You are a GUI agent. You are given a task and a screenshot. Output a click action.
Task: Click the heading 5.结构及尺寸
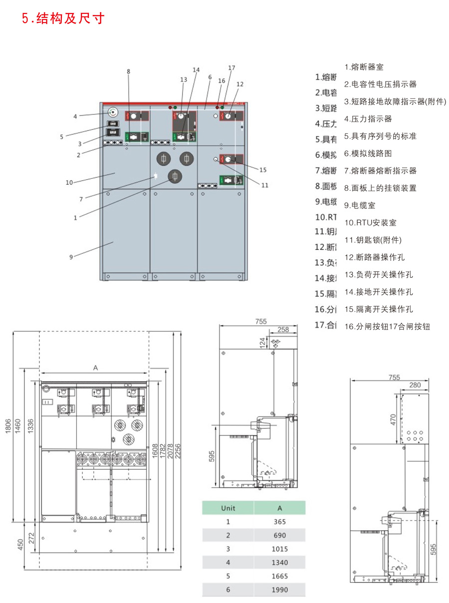point(63,18)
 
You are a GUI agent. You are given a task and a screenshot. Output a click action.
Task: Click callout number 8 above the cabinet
point(128,72)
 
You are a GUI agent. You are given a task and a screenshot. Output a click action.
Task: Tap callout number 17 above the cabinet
point(231,67)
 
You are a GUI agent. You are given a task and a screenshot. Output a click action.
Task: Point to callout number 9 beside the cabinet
point(71,257)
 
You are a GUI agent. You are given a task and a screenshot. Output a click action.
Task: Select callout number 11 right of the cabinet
point(265,185)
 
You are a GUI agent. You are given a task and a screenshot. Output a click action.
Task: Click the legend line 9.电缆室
point(360,205)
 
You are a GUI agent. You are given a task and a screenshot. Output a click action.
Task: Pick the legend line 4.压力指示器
point(368,119)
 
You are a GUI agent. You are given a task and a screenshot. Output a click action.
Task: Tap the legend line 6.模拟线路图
point(368,153)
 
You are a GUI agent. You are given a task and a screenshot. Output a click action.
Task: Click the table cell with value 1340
point(279,563)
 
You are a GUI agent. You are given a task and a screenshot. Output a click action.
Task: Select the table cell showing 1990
point(279,590)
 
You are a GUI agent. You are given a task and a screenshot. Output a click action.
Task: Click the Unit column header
point(228,508)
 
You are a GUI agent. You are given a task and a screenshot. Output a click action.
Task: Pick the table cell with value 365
point(279,522)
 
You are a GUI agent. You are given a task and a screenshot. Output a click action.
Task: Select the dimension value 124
point(263,343)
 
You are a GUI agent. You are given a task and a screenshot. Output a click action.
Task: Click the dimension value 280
point(414,385)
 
